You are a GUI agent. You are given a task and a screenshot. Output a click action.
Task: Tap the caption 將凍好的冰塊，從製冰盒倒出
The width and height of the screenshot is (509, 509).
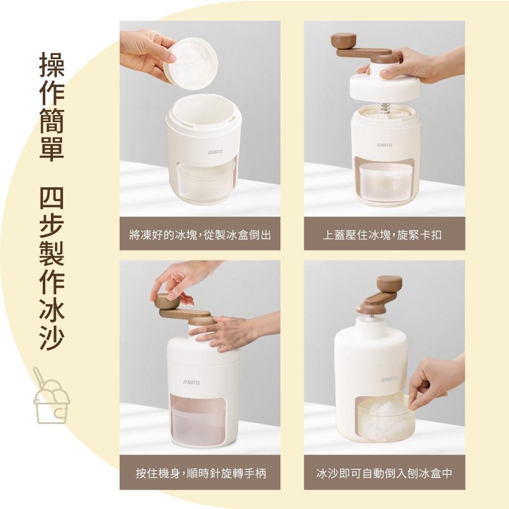pos(200,235)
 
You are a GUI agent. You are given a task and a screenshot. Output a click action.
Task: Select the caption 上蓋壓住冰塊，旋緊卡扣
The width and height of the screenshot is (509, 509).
pos(384,235)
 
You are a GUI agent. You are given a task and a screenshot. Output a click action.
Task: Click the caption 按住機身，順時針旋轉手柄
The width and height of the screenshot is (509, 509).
pos(200,474)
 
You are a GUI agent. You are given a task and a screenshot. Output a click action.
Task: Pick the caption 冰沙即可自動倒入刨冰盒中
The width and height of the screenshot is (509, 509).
pos(384,474)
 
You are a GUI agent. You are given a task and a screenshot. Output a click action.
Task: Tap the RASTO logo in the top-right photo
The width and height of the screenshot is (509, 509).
pos(384,145)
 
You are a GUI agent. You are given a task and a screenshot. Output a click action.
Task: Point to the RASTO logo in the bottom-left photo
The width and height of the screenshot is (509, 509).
pos(192,382)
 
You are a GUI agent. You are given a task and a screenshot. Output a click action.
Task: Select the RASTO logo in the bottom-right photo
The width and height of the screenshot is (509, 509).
pos(389,379)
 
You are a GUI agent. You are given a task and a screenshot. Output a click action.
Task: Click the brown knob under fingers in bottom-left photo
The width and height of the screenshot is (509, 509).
pos(167,302)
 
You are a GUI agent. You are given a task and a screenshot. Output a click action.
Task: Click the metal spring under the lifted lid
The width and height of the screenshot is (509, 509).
pos(385,107)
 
